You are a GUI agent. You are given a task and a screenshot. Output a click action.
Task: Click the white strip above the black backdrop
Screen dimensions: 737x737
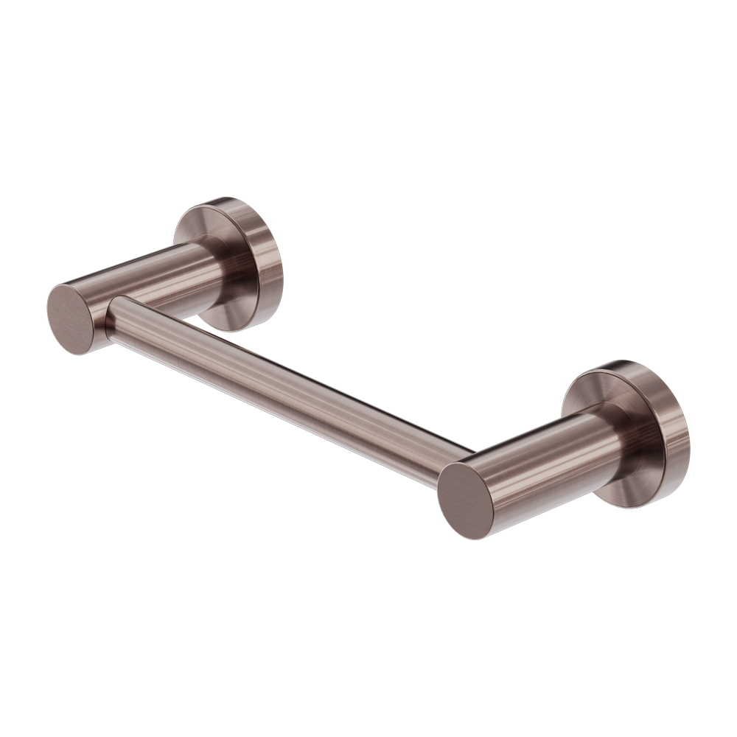point(368,96)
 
